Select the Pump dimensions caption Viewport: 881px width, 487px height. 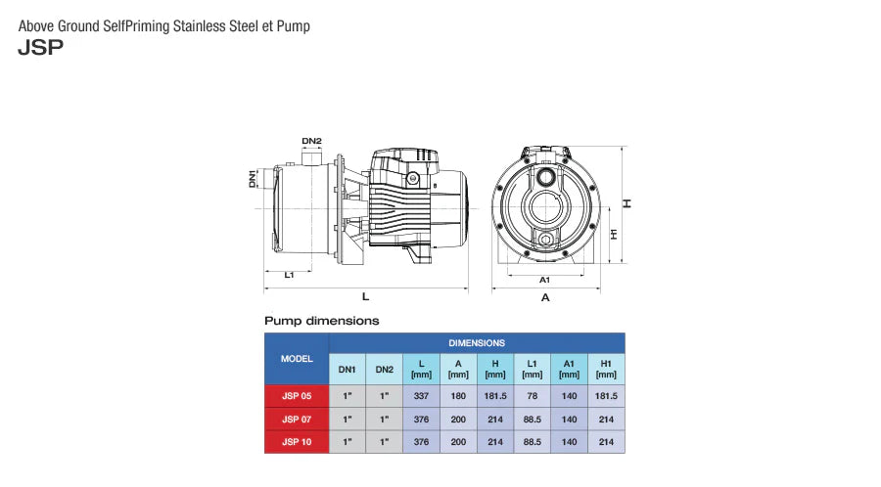[321, 320]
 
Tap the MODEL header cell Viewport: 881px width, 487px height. [297, 359]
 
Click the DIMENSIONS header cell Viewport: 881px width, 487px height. [477, 343]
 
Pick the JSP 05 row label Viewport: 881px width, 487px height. [297, 396]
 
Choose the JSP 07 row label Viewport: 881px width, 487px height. [297, 420]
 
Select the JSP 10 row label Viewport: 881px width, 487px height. [297, 442]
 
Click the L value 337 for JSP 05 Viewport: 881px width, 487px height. [421, 396]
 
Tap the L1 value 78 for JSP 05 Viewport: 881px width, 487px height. [532, 396]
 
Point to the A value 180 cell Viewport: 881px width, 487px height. [458, 396]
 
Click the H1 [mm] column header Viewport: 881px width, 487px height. [606, 369]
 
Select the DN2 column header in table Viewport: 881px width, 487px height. [384, 369]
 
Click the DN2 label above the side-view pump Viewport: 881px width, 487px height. [311, 141]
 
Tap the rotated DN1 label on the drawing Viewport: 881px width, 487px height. [253, 179]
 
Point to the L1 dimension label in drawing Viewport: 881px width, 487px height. [290, 276]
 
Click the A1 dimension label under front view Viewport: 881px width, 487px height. [545, 280]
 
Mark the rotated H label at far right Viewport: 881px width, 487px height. [629, 203]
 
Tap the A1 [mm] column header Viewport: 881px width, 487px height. [569, 369]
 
